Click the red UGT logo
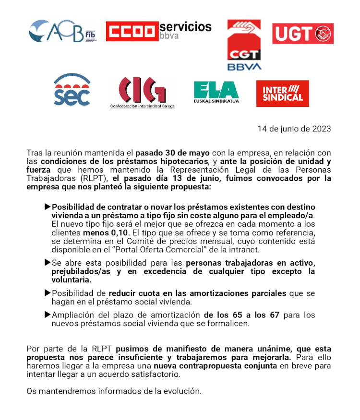point(303,34)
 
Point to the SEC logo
point(72,91)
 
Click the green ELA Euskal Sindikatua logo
point(216,92)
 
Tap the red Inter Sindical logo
point(283,93)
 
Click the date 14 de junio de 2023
point(294,128)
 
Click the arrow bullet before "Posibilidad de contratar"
point(47,207)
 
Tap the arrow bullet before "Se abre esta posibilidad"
point(47,263)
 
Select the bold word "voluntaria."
point(72,280)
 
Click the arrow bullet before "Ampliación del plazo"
point(47,315)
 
